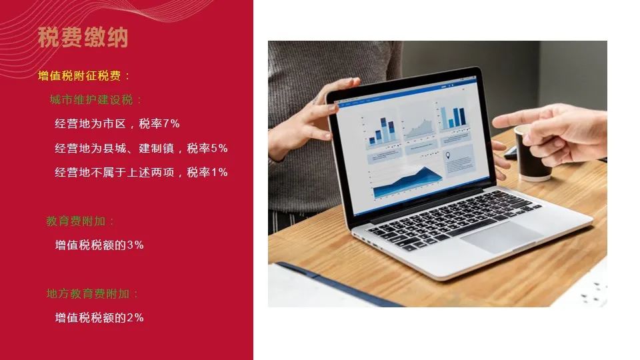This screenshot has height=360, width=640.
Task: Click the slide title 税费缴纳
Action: click(83, 37)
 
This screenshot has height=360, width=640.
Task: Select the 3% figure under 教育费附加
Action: click(135, 245)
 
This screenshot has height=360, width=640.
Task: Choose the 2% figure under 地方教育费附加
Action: click(135, 317)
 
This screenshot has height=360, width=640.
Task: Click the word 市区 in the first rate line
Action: click(114, 124)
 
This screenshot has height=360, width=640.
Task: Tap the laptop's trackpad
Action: click(501, 237)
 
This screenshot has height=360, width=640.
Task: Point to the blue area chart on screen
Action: click(407, 183)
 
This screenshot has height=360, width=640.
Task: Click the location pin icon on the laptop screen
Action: click(448, 155)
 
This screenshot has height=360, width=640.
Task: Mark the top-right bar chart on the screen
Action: click(453, 116)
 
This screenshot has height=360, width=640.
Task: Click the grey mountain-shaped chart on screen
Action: click(419, 128)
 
